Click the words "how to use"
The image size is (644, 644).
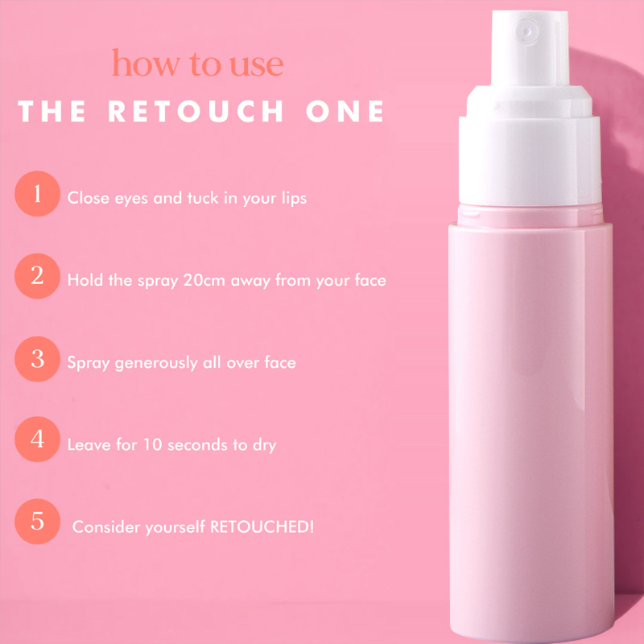(198, 64)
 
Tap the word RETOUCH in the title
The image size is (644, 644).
(196, 112)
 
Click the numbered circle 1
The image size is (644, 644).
(37, 194)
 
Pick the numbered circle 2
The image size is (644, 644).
(37, 277)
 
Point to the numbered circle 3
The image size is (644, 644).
(37, 359)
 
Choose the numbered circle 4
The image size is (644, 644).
(37, 441)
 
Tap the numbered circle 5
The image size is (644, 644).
(37, 522)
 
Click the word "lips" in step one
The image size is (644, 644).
(292, 197)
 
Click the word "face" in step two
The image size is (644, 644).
(369, 280)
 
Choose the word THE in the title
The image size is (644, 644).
(52, 112)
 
